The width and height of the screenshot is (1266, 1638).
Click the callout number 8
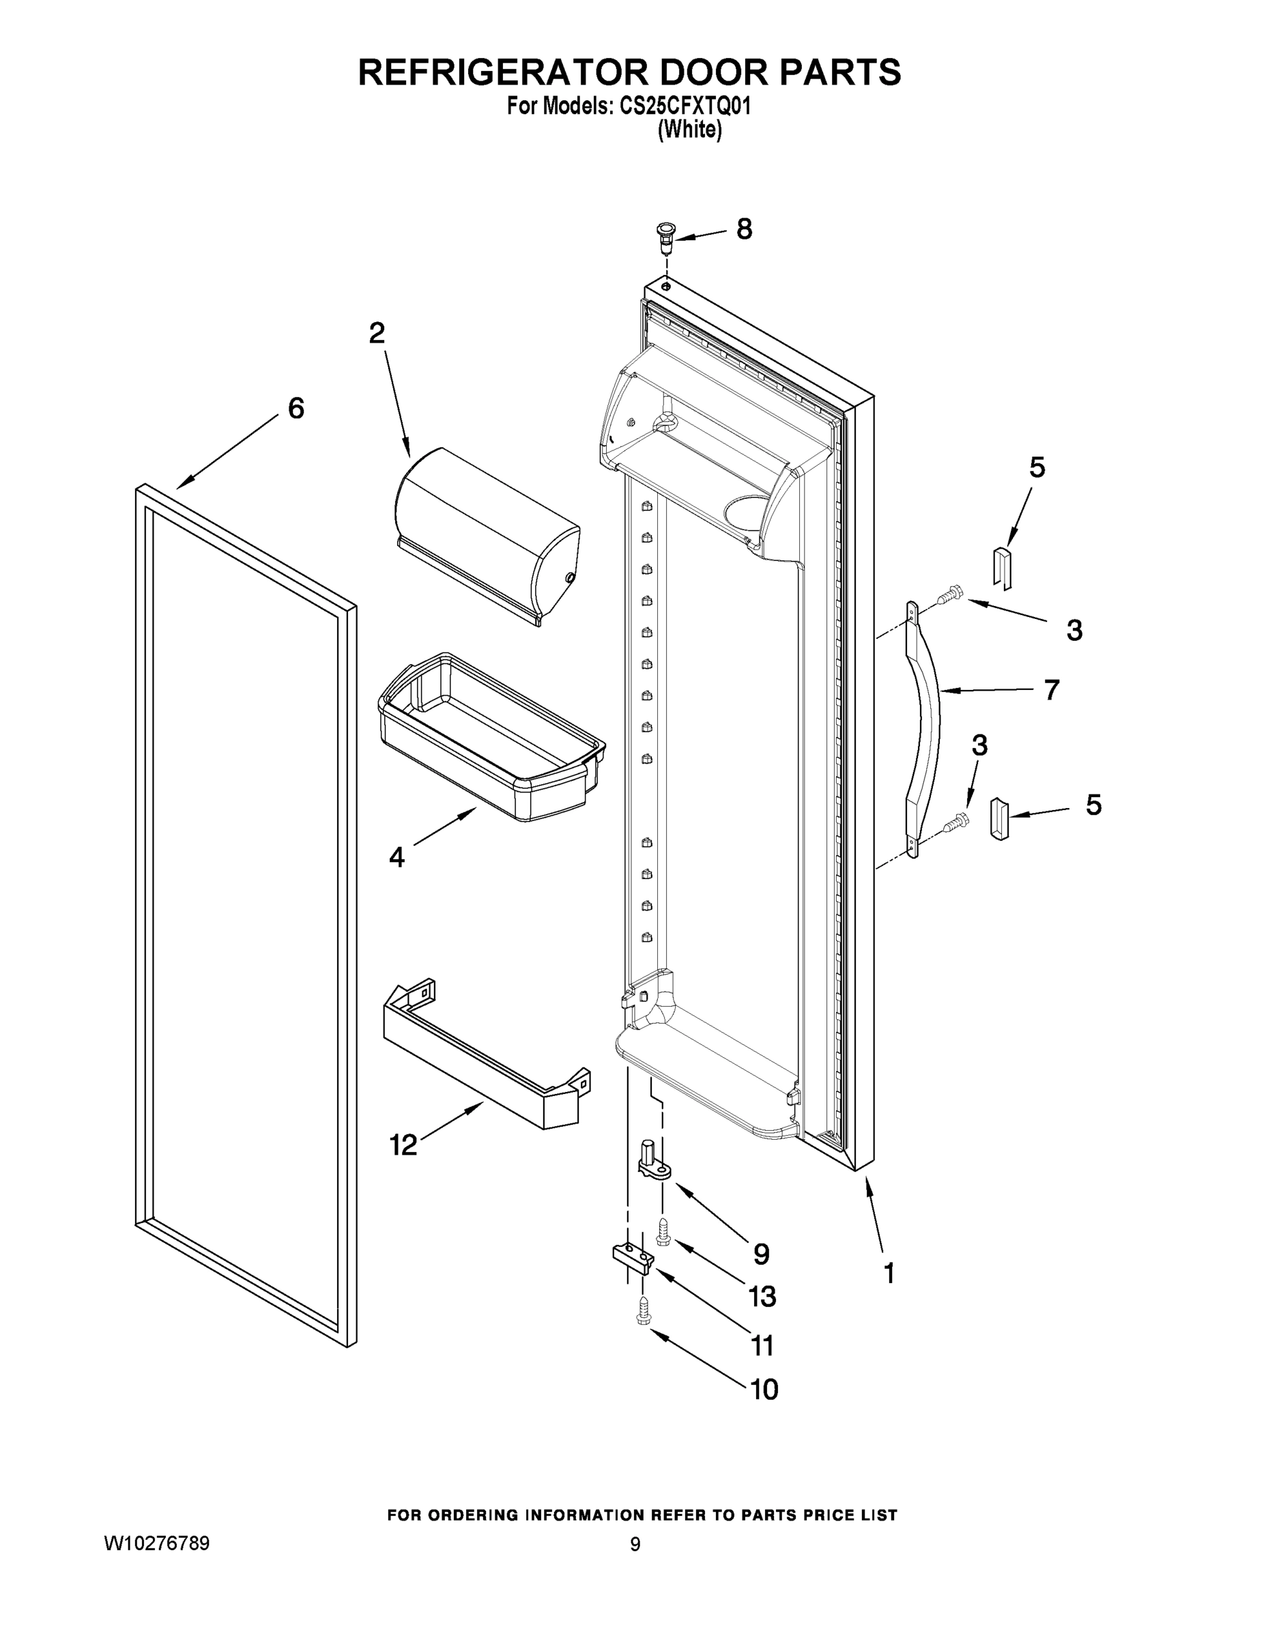pos(744,229)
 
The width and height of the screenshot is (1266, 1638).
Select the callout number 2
pos(377,333)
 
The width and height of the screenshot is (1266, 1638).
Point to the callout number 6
pos(296,408)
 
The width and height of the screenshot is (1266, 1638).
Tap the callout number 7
pos(1052,689)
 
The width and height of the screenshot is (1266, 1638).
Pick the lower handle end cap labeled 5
pos(1000,818)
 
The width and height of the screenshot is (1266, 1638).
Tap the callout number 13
pos(762,1296)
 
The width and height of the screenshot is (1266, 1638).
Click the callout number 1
pos(889,1273)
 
